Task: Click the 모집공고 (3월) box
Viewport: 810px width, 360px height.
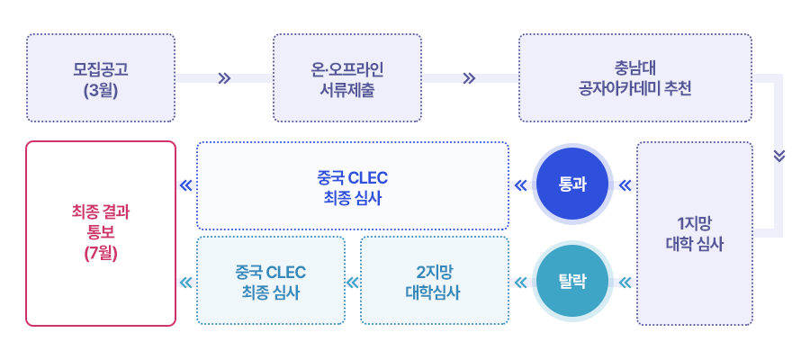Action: (101, 78)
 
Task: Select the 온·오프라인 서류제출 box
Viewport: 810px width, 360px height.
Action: (347, 78)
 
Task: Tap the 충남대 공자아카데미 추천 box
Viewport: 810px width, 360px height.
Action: (634, 78)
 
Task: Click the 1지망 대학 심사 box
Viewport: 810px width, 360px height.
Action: (694, 233)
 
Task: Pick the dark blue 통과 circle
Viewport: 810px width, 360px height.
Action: (572, 185)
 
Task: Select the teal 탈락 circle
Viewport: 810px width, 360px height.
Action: (572, 282)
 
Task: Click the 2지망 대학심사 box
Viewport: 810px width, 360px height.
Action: (435, 282)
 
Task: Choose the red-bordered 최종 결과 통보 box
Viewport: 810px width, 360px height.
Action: (101, 233)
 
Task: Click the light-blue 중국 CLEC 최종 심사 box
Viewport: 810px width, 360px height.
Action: (271, 282)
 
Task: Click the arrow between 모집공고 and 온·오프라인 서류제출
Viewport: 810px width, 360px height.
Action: (224, 78)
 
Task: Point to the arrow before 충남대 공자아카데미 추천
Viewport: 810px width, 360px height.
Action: (468, 78)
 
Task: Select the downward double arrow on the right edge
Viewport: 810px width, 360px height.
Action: (779, 155)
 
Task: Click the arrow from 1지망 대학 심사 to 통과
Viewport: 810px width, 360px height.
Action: (625, 185)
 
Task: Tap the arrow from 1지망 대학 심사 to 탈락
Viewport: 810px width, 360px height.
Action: (625, 282)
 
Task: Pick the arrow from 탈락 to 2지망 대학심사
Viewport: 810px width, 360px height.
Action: (520, 282)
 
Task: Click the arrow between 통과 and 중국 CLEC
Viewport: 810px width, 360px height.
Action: (520, 185)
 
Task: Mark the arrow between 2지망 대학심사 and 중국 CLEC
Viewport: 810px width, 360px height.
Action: (345, 282)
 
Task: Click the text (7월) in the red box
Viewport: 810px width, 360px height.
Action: (101, 253)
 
